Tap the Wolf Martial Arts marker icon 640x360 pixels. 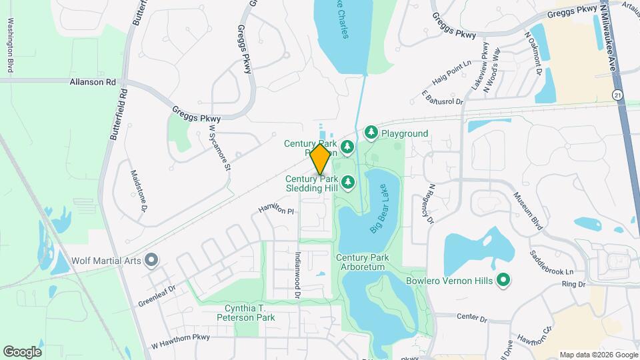pos(151,260)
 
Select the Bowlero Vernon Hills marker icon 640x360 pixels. pos(505,280)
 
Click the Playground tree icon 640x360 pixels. pos(371,133)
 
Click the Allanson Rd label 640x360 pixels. pos(93,82)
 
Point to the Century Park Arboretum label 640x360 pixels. pos(361,262)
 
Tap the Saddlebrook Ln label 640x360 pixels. pos(551,264)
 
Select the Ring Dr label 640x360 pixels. pos(573,284)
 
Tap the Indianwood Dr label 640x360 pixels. pos(298,275)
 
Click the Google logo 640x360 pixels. pos(22,351)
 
